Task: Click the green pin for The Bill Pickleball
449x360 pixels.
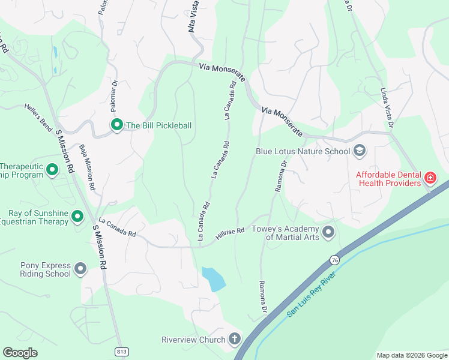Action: (x=116, y=125)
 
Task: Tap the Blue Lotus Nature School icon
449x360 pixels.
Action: (x=360, y=151)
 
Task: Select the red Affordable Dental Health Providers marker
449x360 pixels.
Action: (x=430, y=178)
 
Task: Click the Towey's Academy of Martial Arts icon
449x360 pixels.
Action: (x=328, y=231)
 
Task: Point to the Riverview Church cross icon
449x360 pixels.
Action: (x=234, y=340)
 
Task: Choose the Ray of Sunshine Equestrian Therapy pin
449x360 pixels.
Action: (x=77, y=216)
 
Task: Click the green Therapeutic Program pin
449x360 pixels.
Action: (x=52, y=170)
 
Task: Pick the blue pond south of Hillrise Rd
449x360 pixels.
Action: (x=214, y=279)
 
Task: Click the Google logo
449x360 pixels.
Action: (x=20, y=352)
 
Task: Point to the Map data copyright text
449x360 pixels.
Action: (x=411, y=355)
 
